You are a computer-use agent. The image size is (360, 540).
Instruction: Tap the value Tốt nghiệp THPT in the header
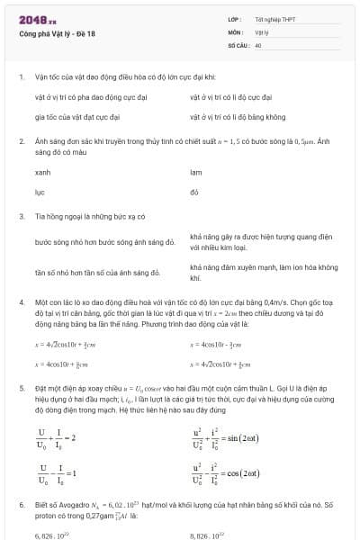275,20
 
